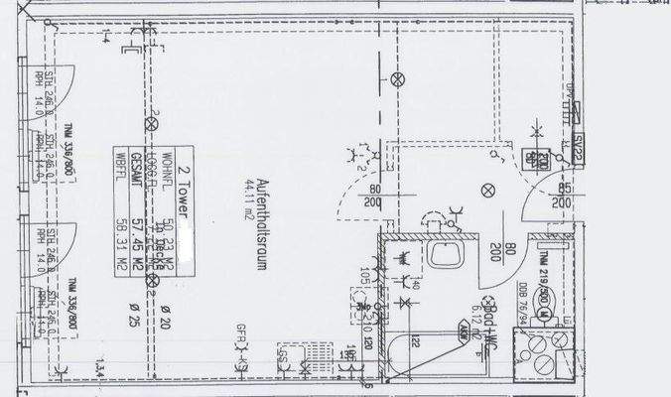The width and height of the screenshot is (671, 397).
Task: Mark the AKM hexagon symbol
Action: (x=464, y=333)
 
